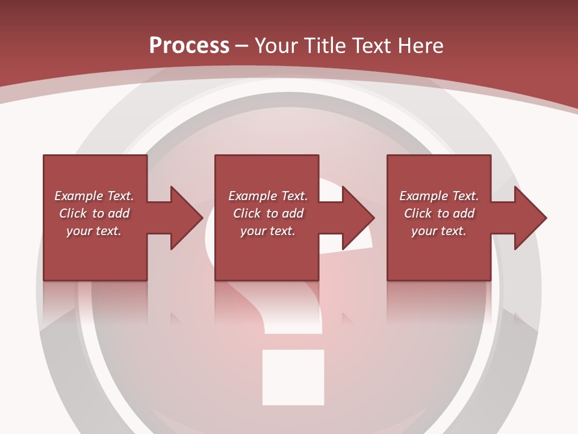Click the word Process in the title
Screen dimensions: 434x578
click(189, 46)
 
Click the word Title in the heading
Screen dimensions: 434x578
click(323, 46)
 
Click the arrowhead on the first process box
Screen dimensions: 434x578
click(187, 218)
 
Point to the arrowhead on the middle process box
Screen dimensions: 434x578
click(359, 218)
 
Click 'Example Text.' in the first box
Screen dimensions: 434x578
click(94, 196)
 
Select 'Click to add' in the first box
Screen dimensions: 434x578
click(94, 213)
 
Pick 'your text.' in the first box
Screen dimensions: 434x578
click(94, 231)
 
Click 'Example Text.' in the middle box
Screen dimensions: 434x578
click(268, 196)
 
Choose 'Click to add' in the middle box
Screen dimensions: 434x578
click(268, 213)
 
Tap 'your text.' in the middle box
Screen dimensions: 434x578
click(268, 231)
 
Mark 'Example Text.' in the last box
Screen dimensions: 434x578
click(439, 196)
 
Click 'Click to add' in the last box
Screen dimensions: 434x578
click(439, 213)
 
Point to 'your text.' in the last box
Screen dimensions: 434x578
click(439, 231)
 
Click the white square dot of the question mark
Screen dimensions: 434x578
click(293, 377)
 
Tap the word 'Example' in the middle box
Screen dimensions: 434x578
click(250, 196)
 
